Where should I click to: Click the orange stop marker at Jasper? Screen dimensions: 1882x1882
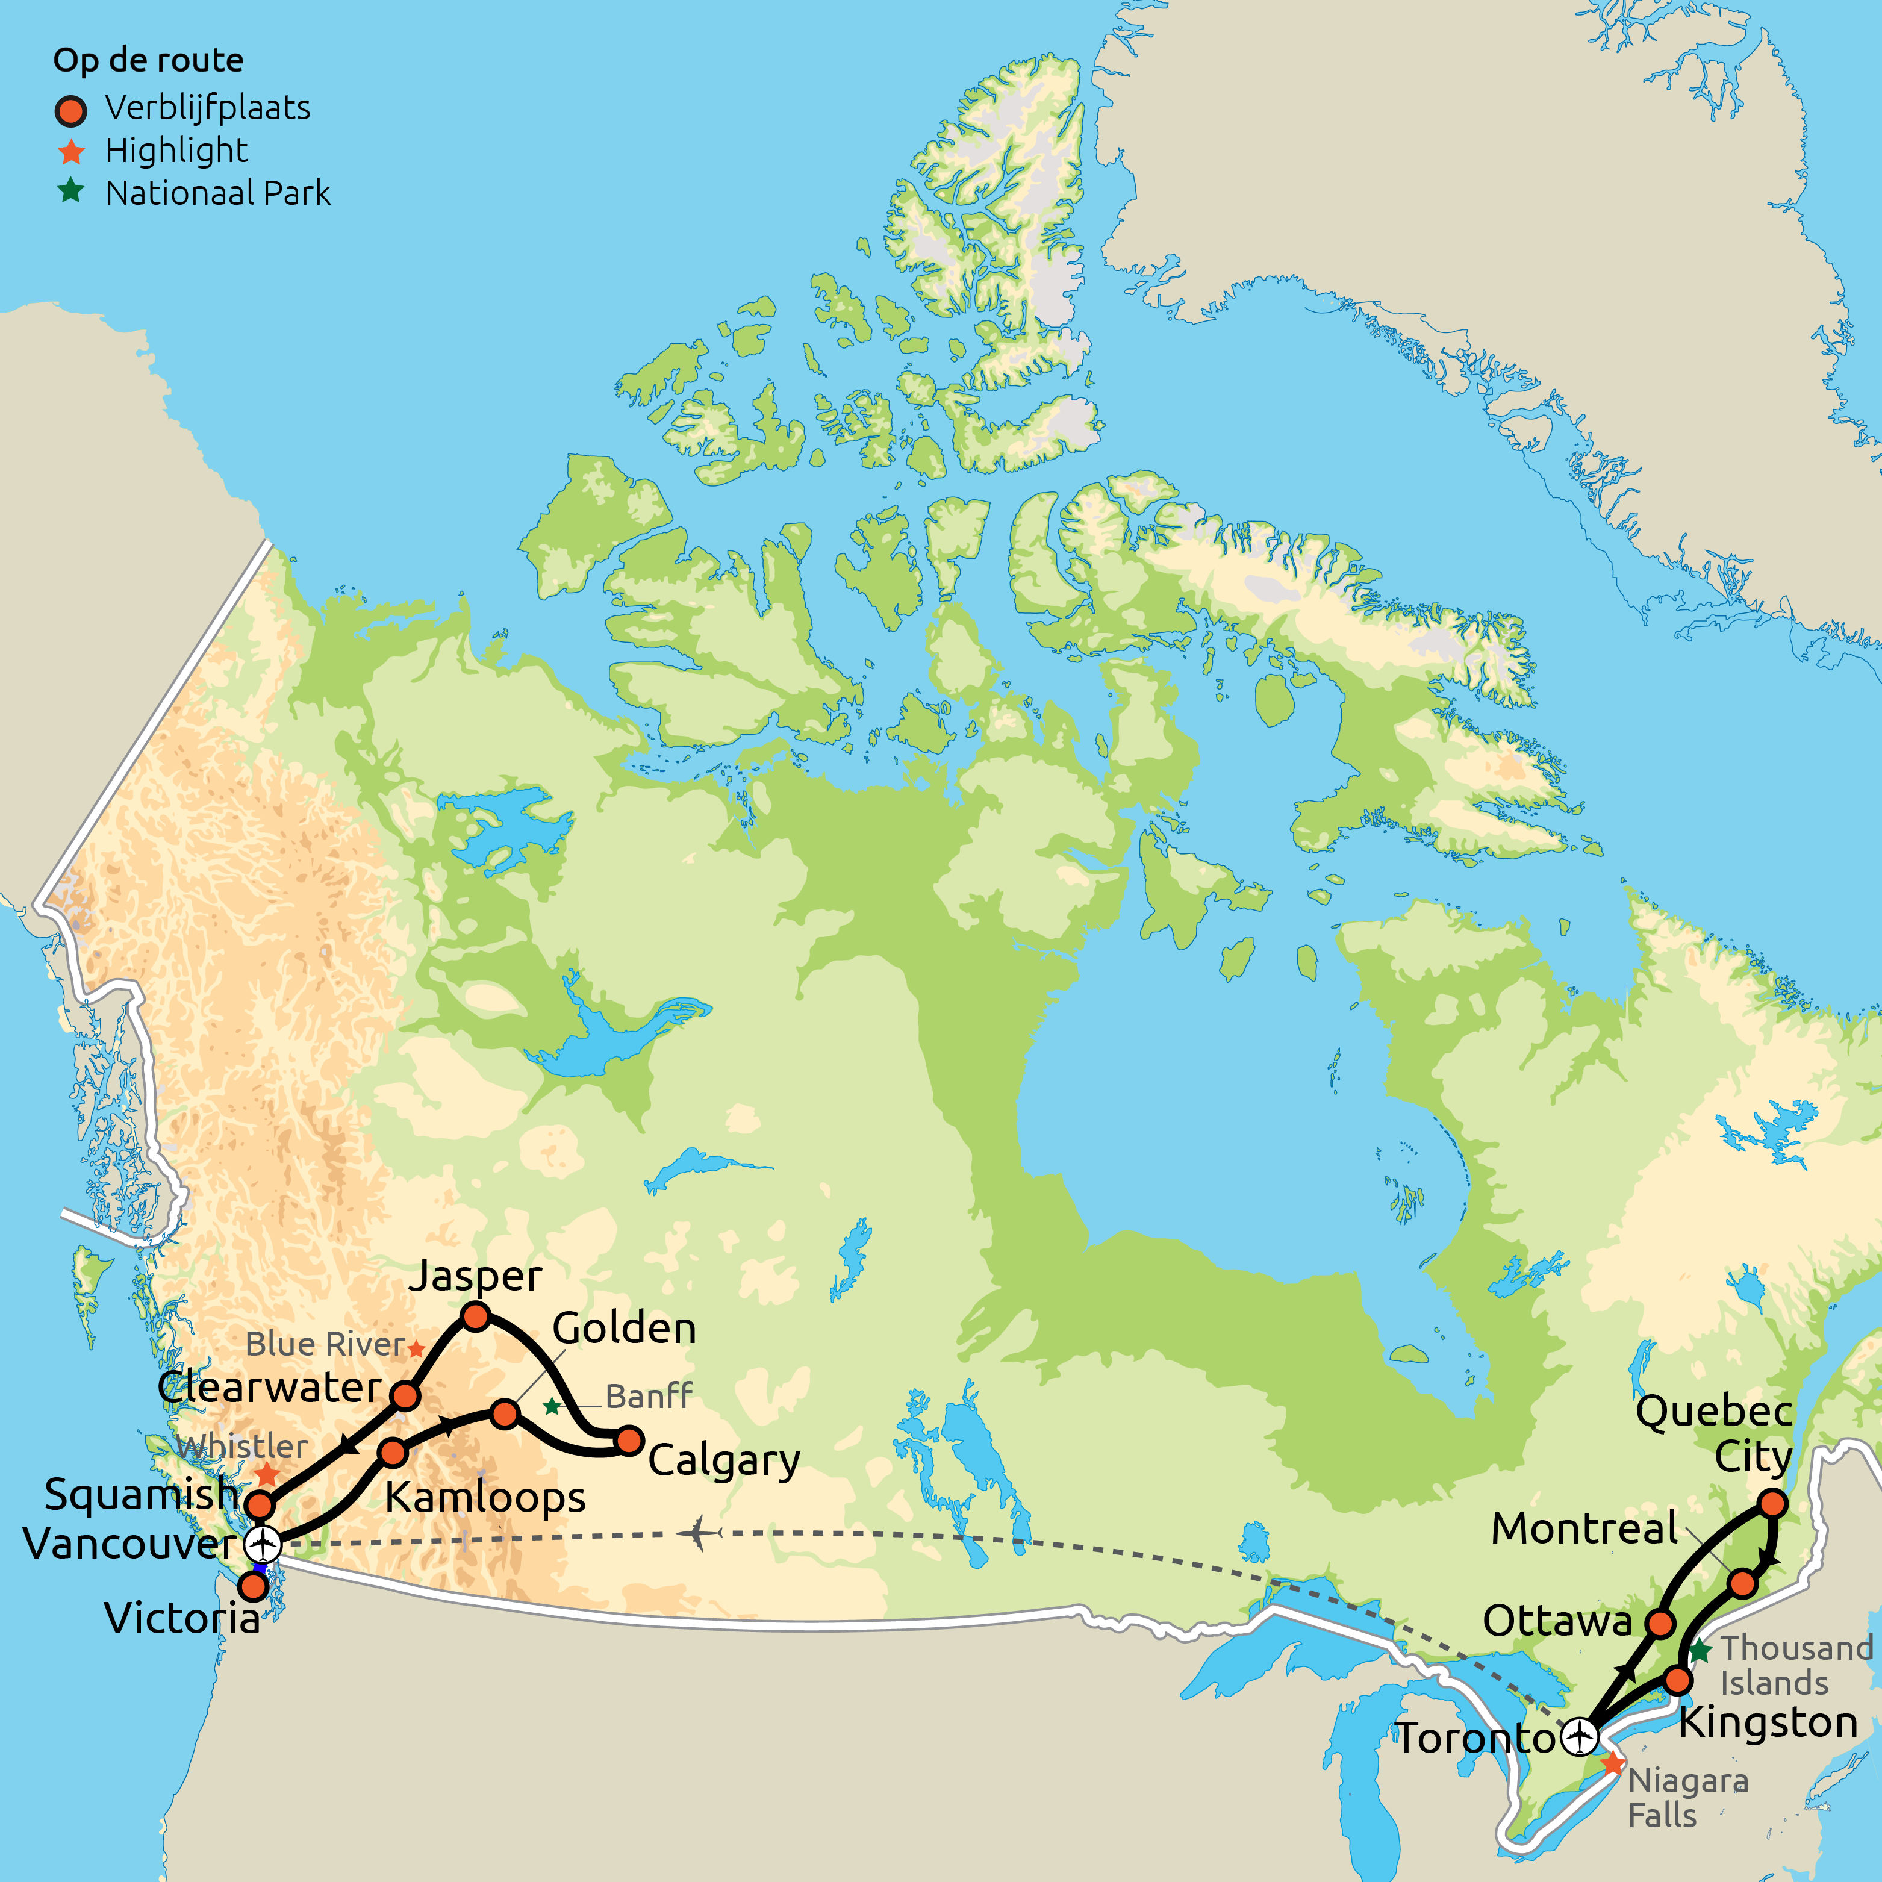coord(475,1317)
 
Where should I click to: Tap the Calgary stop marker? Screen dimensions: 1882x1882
coord(631,1440)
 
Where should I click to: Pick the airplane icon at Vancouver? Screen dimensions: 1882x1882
coord(263,1544)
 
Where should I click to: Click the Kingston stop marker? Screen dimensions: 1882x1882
coord(1677,1680)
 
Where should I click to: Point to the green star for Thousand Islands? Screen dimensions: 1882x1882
coord(1700,1651)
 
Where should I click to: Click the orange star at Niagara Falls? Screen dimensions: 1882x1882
coord(1613,1763)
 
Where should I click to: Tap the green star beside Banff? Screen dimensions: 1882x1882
coord(552,1406)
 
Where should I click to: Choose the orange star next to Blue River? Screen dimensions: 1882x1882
coord(416,1349)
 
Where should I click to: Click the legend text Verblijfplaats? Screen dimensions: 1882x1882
coord(208,108)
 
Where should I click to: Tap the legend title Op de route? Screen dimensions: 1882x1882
coord(148,60)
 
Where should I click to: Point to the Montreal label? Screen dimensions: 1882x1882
coord(1584,1528)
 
